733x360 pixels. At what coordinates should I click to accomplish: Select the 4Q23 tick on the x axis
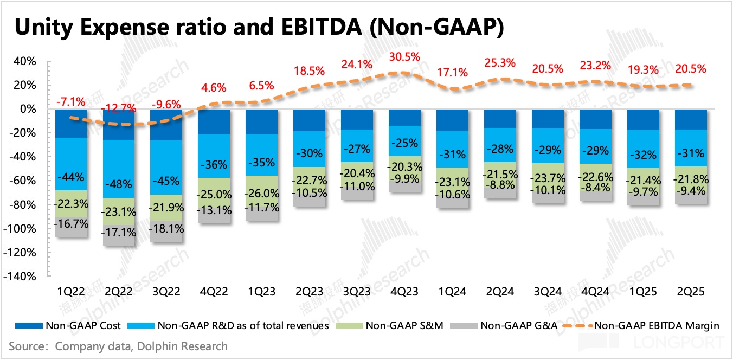[404, 292]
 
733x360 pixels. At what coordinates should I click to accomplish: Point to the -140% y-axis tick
[21, 277]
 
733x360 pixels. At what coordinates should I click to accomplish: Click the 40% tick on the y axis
[24, 61]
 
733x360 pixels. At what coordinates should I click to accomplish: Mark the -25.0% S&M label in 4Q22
[214, 194]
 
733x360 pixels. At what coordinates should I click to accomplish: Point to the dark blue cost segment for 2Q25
[691, 119]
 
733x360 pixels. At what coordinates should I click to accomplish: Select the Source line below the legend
[118, 345]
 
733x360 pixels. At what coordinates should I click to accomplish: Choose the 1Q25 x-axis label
[643, 292]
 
